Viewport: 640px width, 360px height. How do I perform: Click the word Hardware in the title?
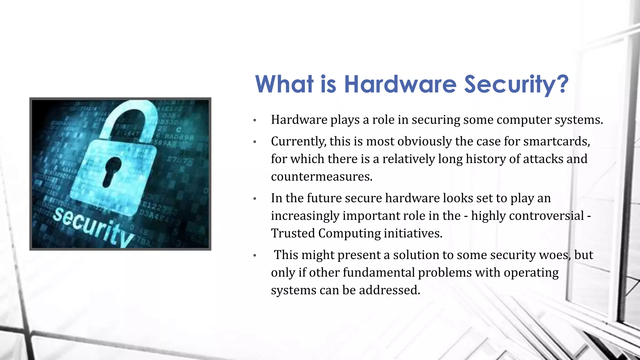400,84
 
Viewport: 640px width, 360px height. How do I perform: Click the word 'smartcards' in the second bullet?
557,142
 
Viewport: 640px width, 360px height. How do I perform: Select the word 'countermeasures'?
322,177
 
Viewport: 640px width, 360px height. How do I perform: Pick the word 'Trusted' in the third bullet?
293,233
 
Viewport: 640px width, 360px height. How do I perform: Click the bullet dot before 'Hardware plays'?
255,120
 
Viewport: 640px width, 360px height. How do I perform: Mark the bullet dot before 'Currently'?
255,142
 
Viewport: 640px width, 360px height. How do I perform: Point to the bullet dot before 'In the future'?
255,198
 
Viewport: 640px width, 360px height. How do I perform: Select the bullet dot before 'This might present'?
255,255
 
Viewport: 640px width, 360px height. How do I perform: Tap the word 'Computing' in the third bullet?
349,234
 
